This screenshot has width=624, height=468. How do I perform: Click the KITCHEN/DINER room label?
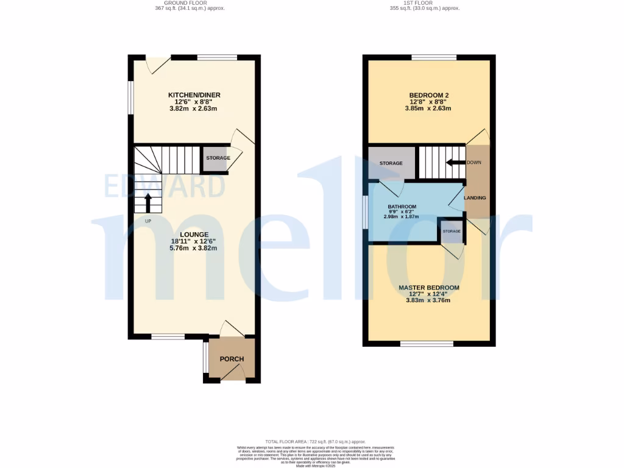click(x=194, y=95)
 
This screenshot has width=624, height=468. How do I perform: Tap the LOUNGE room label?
click(x=194, y=235)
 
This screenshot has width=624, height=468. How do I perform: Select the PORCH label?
click(x=232, y=359)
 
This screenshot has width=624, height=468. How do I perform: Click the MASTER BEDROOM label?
click(x=429, y=288)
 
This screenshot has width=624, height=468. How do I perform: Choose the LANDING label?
click(x=475, y=198)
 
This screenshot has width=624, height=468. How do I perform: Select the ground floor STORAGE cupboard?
click(x=218, y=158)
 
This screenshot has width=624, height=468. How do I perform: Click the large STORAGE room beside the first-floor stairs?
click(x=391, y=163)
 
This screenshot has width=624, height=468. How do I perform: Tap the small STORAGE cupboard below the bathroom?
click(x=452, y=232)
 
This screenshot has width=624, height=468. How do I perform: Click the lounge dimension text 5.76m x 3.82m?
click(x=194, y=249)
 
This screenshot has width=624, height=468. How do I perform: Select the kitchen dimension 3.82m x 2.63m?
click(x=194, y=109)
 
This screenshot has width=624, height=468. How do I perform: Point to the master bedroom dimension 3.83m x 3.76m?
click(x=429, y=300)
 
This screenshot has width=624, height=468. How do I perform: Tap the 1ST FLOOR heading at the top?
click(x=424, y=3)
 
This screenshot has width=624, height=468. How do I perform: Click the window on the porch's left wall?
click(x=205, y=358)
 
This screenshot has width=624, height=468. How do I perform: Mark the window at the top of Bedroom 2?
click(x=434, y=58)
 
